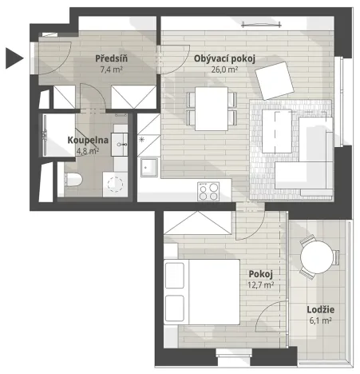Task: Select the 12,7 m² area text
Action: coord(261,284)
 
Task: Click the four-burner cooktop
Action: coord(209,191)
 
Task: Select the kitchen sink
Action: coord(148,169)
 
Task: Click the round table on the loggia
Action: coord(317,258)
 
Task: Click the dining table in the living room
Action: coord(212,106)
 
